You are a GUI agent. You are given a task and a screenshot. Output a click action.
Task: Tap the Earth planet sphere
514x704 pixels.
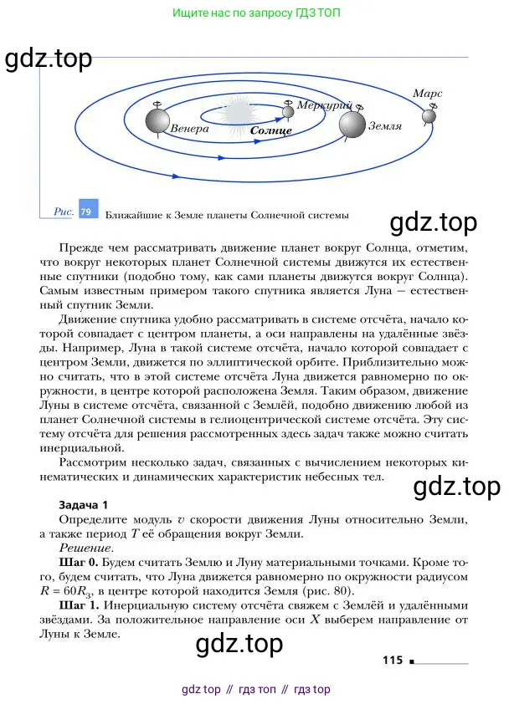tap(352, 125)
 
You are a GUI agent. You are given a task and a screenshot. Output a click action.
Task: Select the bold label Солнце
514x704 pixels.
tap(270, 131)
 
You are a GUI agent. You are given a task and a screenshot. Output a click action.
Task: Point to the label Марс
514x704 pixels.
tap(427, 94)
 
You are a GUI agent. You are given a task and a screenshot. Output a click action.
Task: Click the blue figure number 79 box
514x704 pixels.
tap(86, 212)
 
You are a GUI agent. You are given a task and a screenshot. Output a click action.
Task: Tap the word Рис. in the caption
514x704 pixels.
tap(64, 212)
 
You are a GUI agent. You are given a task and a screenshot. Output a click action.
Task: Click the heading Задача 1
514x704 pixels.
tap(83, 505)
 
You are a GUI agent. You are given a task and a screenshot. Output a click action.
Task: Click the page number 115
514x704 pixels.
tap(393, 661)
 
